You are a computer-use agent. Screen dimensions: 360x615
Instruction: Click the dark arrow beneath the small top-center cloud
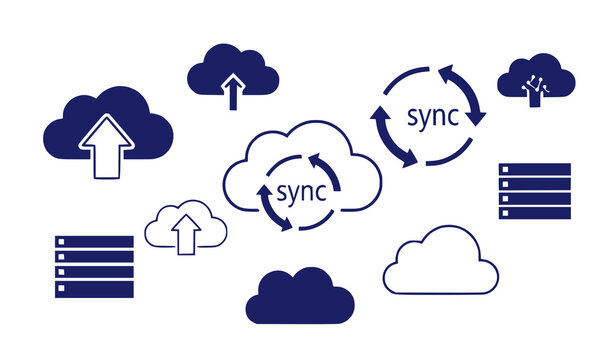pyautogui.click(x=233, y=93)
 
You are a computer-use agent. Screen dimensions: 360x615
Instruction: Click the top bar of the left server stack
pyautogui.click(x=94, y=242)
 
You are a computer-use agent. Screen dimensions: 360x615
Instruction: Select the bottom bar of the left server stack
pyautogui.click(x=94, y=290)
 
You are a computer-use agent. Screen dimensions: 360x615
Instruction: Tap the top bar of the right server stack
pyautogui.click(x=534, y=169)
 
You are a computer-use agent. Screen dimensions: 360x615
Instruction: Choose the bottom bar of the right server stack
pyautogui.click(x=534, y=213)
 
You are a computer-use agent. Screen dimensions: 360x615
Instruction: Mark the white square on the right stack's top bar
pyautogui.click(x=505, y=169)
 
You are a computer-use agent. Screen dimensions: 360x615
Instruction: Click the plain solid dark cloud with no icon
pyautogui.click(x=299, y=297)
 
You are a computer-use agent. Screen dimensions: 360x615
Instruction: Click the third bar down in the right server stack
pyautogui.click(x=534, y=198)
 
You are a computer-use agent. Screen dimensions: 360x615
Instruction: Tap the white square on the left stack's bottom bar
pyautogui.click(x=62, y=290)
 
